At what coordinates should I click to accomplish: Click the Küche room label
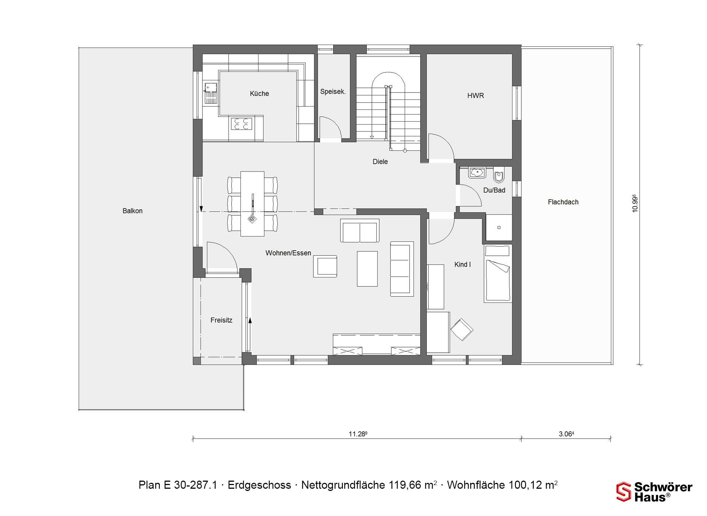(259, 94)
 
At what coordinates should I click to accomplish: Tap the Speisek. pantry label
(333, 91)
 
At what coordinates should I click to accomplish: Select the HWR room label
(475, 95)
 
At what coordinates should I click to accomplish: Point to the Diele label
(380, 161)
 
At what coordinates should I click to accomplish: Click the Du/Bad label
(494, 190)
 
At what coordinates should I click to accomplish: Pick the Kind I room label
(462, 264)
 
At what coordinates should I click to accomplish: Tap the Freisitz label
(221, 320)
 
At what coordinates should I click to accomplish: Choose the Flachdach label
(563, 202)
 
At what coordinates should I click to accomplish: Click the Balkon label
(133, 211)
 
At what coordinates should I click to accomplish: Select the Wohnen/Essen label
(288, 253)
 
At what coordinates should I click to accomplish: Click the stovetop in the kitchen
(242, 123)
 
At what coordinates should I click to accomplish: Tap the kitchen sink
(211, 93)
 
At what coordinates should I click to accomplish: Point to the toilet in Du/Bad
(499, 175)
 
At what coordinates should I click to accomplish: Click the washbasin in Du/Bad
(477, 172)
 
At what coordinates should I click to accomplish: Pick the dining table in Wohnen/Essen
(252, 203)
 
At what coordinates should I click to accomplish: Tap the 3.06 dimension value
(566, 434)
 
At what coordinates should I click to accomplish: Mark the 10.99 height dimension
(635, 203)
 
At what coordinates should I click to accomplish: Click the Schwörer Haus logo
(654, 492)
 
